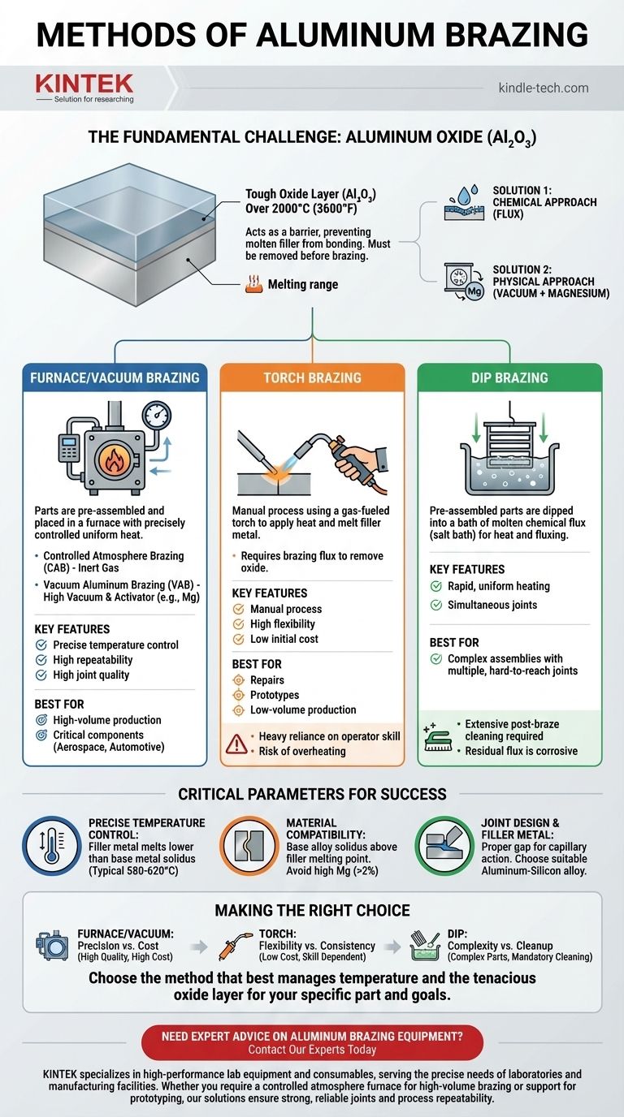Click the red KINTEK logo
pyautogui.click(x=84, y=84)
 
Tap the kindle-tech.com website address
pyautogui.click(x=543, y=88)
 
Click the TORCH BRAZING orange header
pyautogui.click(x=312, y=377)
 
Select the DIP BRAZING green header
pyautogui.click(x=509, y=377)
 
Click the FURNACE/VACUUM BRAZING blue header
pyautogui.click(x=115, y=377)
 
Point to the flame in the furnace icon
pyautogui.click(x=115, y=459)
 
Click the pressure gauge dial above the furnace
pyautogui.click(x=157, y=415)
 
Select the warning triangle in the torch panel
pyautogui.click(x=236, y=744)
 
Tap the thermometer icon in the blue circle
pyautogui.click(x=52, y=846)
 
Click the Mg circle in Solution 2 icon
pyautogui.click(x=474, y=291)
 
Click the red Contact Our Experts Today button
pyautogui.click(x=312, y=1042)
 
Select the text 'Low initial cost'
pyautogui.click(x=284, y=639)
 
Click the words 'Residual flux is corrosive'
pyautogui.click(x=521, y=750)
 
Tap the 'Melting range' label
pyautogui.click(x=303, y=284)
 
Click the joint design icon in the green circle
pyautogui.click(x=444, y=846)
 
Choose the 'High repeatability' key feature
pyautogui.click(x=93, y=660)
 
